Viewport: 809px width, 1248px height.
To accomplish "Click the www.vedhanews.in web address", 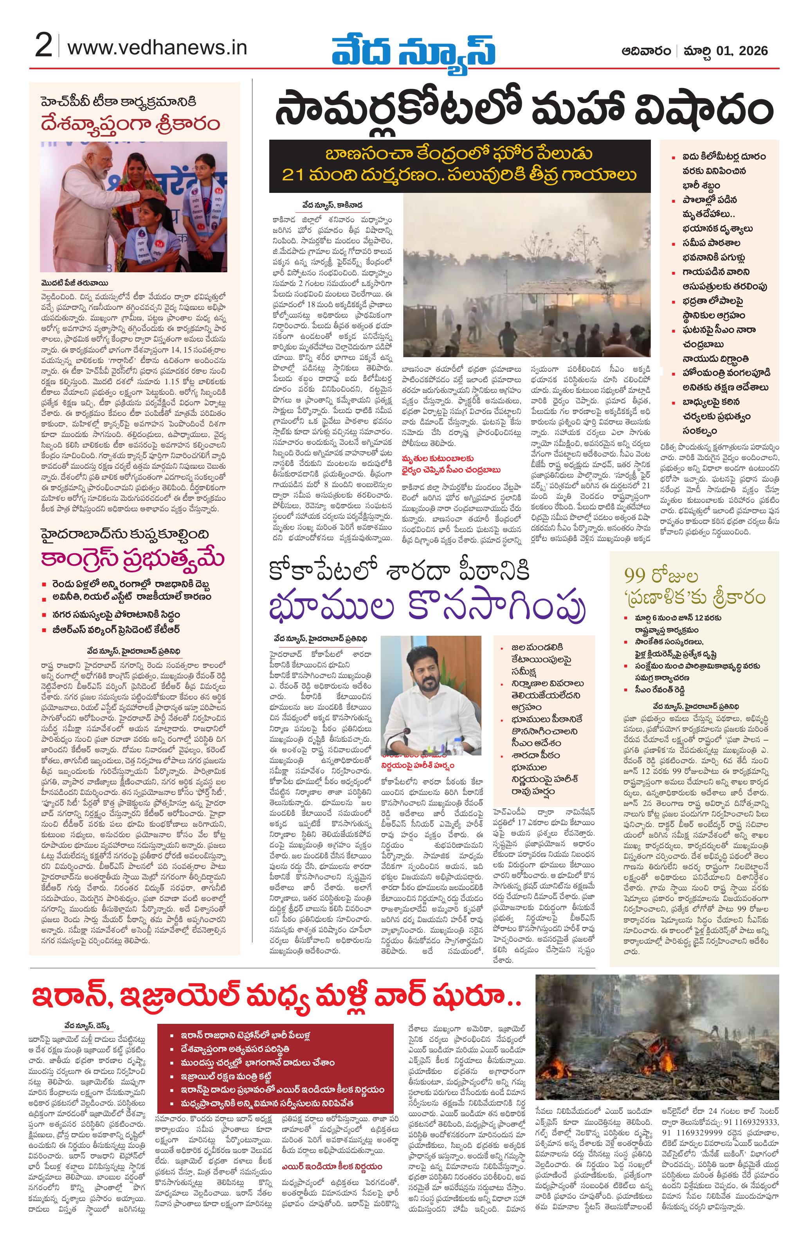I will [157, 48].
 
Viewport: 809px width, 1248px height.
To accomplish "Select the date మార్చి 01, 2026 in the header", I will [724, 51].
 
